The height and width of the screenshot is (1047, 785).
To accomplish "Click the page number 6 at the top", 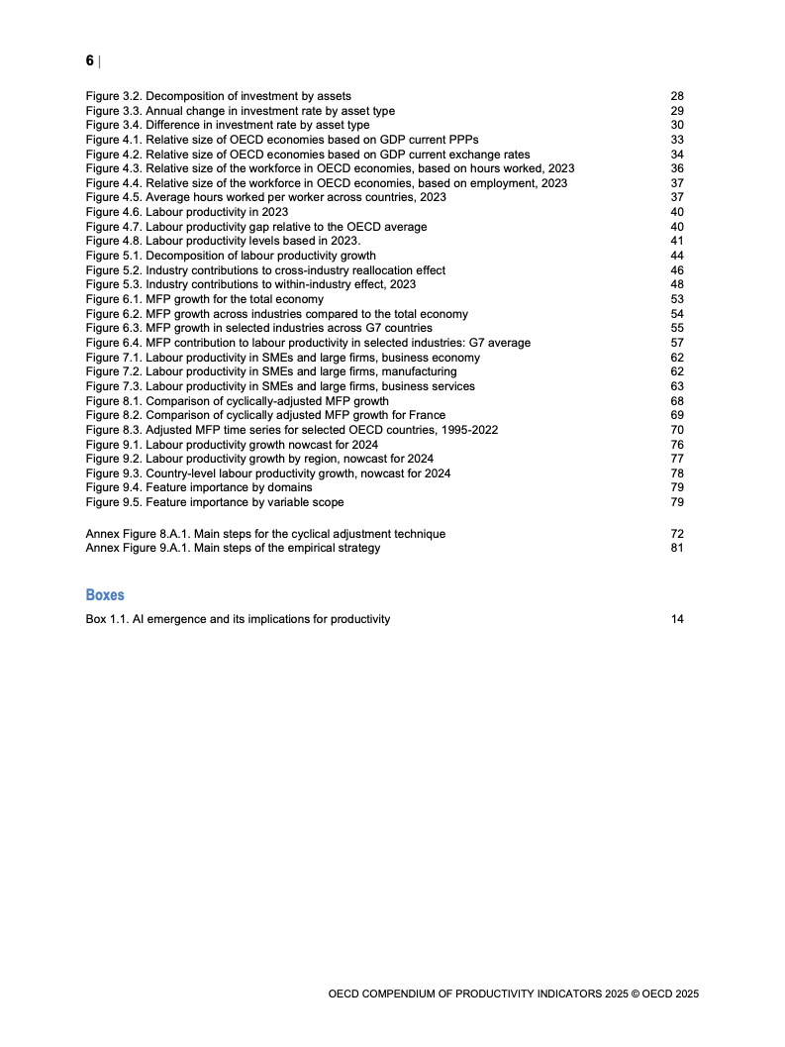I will pyautogui.click(x=90, y=61).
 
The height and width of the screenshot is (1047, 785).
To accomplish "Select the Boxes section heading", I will pyautogui.click(x=105, y=595).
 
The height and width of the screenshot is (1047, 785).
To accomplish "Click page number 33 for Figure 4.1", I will pyautogui.click(x=677, y=141).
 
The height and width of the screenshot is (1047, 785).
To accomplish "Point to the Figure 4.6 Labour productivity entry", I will pyautogui.click(x=187, y=212).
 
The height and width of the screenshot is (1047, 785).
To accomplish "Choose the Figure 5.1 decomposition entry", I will pyautogui.click(x=231, y=256).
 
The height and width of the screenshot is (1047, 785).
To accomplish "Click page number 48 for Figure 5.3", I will pyautogui.click(x=677, y=284).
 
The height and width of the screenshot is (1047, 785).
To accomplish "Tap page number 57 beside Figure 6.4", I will pyautogui.click(x=677, y=343).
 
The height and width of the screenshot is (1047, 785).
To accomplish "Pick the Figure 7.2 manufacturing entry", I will pyautogui.click(x=271, y=371).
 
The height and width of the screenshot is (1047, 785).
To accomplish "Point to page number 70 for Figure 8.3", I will pyautogui.click(x=677, y=430).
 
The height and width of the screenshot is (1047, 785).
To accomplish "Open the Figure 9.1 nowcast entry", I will pyautogui.click(x=232, y=445).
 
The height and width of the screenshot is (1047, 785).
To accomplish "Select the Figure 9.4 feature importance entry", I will pyautogui.click(x=199, y=487).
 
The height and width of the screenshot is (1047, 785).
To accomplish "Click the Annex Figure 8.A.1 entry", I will pyautogui.click(x=265, y=534).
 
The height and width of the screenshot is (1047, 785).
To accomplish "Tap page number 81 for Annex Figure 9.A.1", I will pyautogui.click(x=677, y=548).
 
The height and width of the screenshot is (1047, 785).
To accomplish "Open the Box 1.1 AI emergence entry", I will pyautogui.click(x=238, y=619).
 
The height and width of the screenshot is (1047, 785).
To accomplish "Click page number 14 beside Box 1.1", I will pyautogui.click(x=677, y=619).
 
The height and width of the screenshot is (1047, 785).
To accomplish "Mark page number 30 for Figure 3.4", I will pyautogui.click(x=677, y=126).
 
